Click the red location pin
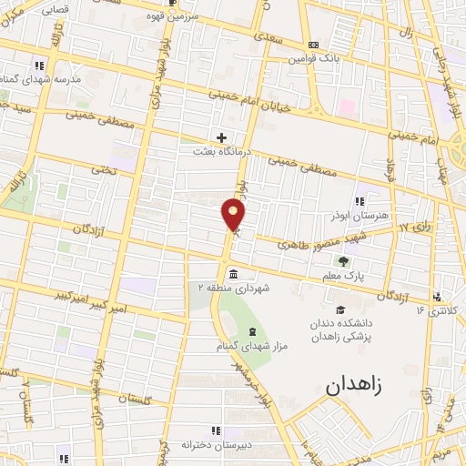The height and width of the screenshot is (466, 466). click(234, 215)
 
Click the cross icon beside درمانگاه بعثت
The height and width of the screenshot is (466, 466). click(221, 137)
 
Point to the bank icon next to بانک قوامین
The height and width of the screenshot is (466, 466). click(314, 45)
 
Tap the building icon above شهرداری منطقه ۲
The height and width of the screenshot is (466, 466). click(235, 274)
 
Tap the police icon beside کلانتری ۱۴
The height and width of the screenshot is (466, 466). click(438, 297)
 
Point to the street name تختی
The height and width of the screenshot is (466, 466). click(103, 170)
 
